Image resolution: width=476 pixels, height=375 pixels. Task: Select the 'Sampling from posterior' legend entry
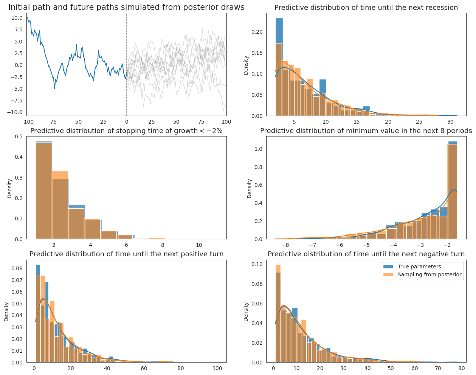click(422, 274)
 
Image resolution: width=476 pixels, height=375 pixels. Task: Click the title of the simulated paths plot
click(126, 7)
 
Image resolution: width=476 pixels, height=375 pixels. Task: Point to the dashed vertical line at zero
click(127, 64)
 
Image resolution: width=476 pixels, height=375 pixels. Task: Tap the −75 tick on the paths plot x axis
click(51, 122)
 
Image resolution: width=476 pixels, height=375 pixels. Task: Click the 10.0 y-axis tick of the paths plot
click(17, 18)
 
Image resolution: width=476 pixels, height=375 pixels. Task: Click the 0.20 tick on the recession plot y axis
click(257, 32)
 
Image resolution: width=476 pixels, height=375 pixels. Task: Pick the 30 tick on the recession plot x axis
click(451, 122)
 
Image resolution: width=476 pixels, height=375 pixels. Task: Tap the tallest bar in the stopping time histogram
click(44, 190)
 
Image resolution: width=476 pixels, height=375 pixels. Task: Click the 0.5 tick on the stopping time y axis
click(19, 136)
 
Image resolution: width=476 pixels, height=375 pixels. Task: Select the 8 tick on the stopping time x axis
click(163, 245)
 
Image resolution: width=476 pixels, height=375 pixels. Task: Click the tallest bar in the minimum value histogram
click(453, 190)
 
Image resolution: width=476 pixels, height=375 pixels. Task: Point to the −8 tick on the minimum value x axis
click(285, 245)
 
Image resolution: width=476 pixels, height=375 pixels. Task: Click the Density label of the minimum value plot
click(249, 189)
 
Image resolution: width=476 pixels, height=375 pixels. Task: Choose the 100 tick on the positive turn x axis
click(217, 368)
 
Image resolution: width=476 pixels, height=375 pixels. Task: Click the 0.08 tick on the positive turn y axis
click(17, 268)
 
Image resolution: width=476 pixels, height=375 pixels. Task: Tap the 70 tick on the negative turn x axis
click(438, 368)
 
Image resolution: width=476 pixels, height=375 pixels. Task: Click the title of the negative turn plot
click(366, 254)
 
